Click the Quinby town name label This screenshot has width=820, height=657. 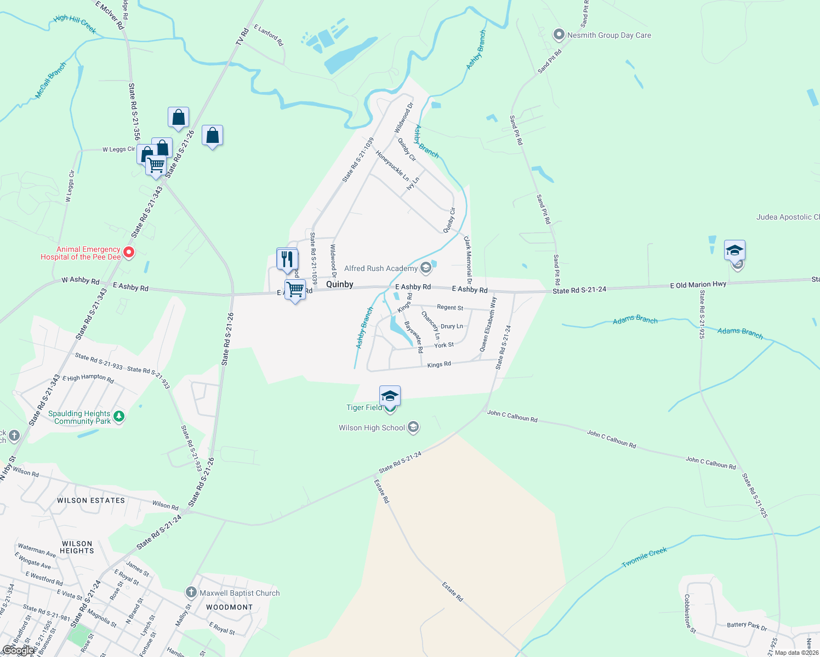pos(340,284)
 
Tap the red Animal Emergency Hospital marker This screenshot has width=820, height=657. pos(129,252)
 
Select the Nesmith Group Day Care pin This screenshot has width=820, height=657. pos(559,35)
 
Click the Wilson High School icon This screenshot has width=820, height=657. pos(414,428)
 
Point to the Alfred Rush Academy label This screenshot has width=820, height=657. pos(380,268)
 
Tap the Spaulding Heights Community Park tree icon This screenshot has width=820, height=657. pos(119,417)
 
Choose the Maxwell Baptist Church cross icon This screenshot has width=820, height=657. pos(191,592)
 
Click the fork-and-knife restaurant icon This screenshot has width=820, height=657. pos(287,258)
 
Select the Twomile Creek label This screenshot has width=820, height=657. pos(645,558)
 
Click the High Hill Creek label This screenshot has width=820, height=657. pos(75,24)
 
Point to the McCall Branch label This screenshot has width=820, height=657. pos(50,80)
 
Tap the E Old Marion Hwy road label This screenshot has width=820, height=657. pos(698,285)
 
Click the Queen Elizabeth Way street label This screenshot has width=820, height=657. pos(488,324)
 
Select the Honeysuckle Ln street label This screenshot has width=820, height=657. pos(392,165)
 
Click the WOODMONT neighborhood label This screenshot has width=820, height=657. pos(229,607)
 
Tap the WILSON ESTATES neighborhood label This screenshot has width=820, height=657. pos(91,500)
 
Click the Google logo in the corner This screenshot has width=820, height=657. pos(18,650)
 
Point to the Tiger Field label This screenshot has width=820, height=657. pos(364,407)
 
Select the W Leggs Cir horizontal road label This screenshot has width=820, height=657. pos(118,149)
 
